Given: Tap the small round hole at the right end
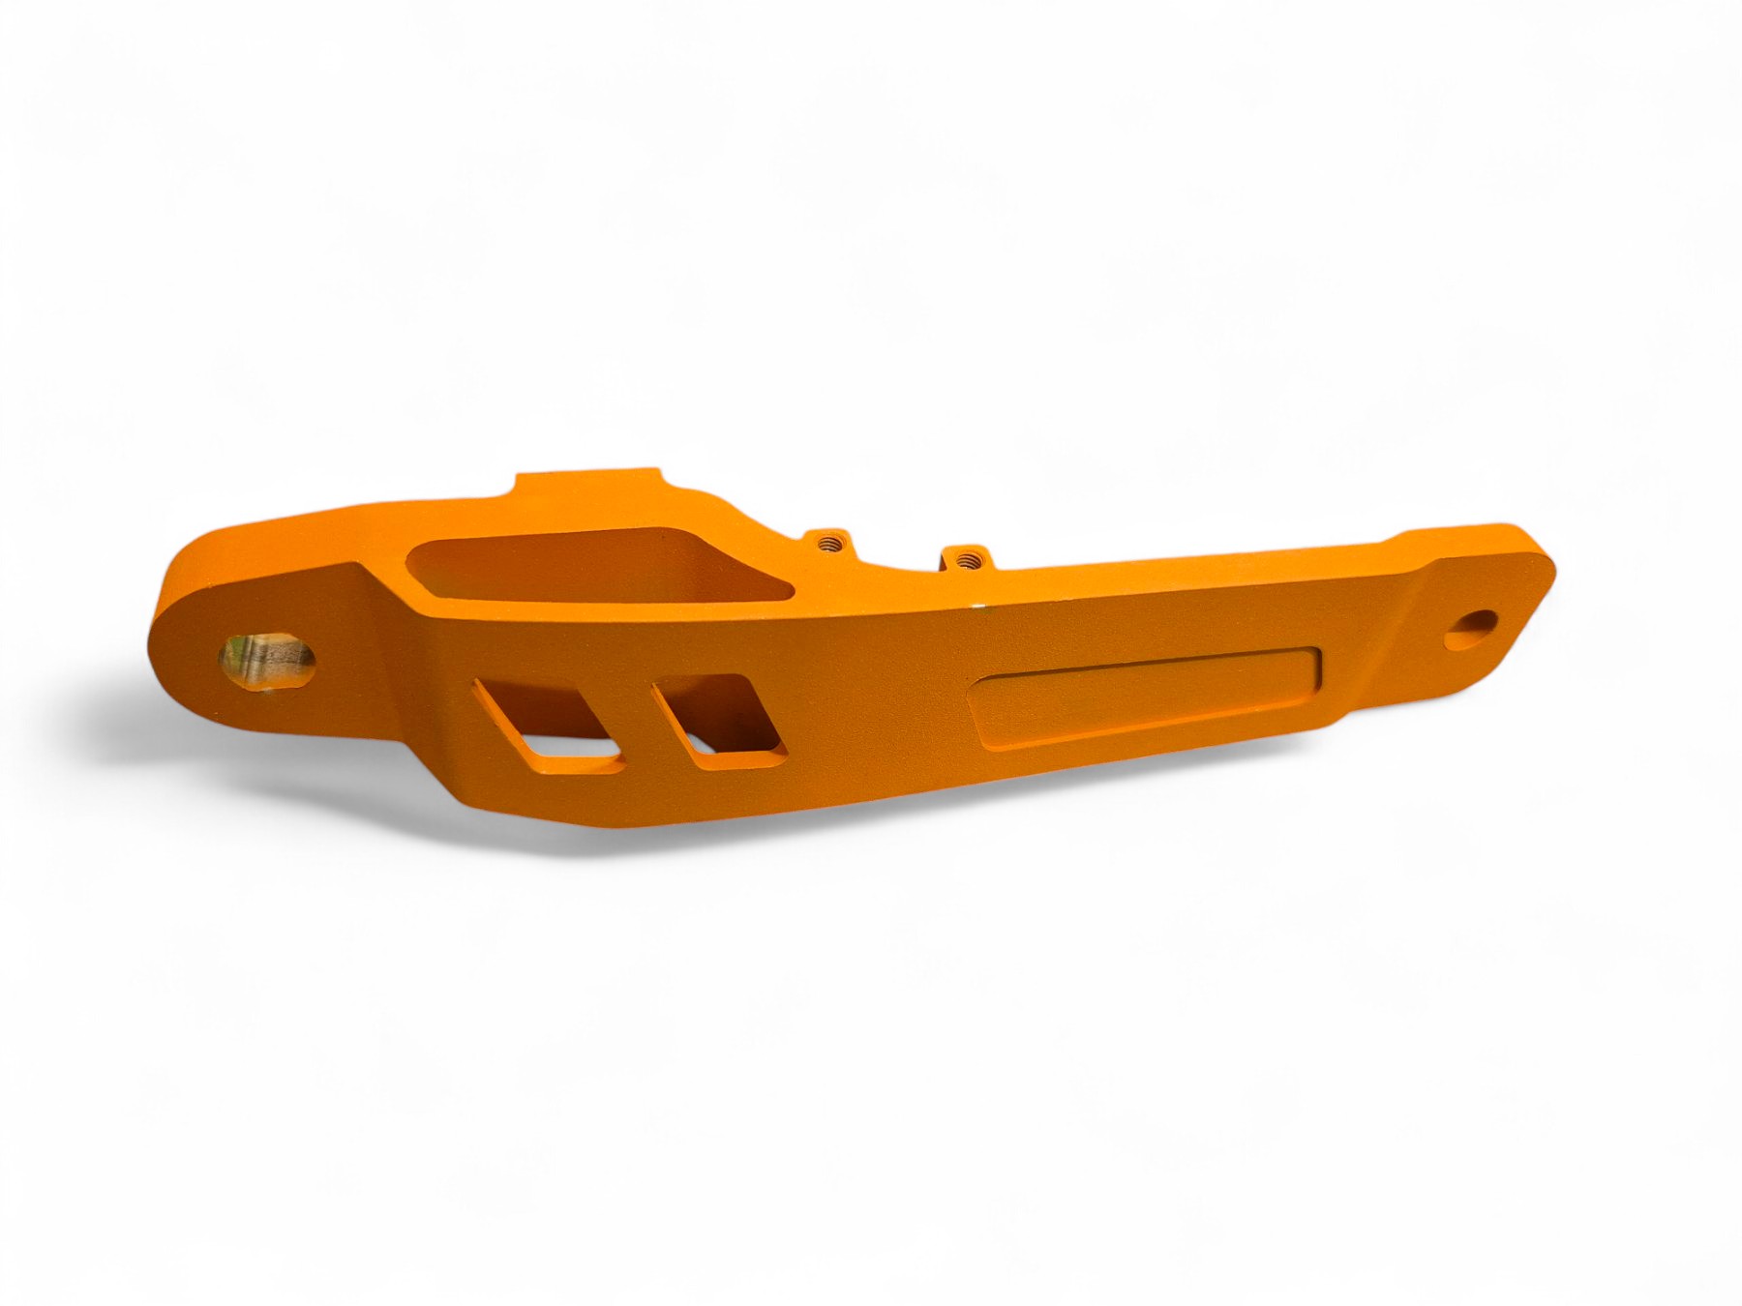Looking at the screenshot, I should click(1471, 630).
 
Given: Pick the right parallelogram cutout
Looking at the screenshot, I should click(717, 721).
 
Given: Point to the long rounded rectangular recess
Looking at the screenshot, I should click(1147, 695).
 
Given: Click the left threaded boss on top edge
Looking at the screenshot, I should click(827, 543).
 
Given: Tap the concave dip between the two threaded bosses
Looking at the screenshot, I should click(895, 571).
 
